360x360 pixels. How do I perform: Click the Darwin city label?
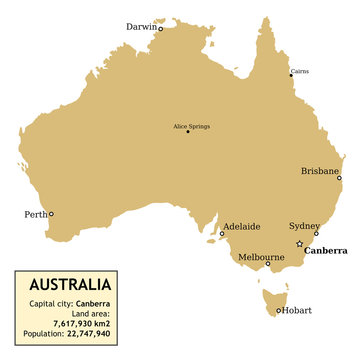(x=141, y=27)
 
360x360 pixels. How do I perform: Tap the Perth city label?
(x=34, y=214)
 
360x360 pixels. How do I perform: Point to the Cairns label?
(x=299, y=72)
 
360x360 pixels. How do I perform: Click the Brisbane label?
(x=320, y=171)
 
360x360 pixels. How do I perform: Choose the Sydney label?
(x=303, y=226)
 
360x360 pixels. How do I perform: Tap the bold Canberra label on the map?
(x=326, y=251)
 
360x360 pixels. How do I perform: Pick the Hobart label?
(x=298, y=310)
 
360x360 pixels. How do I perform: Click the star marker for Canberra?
(x=299, y=244)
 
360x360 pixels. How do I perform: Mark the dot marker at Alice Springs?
(x=188, y=132)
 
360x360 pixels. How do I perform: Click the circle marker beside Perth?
(x=52, y=214)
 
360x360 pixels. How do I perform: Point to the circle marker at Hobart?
(x=279, y=310)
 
